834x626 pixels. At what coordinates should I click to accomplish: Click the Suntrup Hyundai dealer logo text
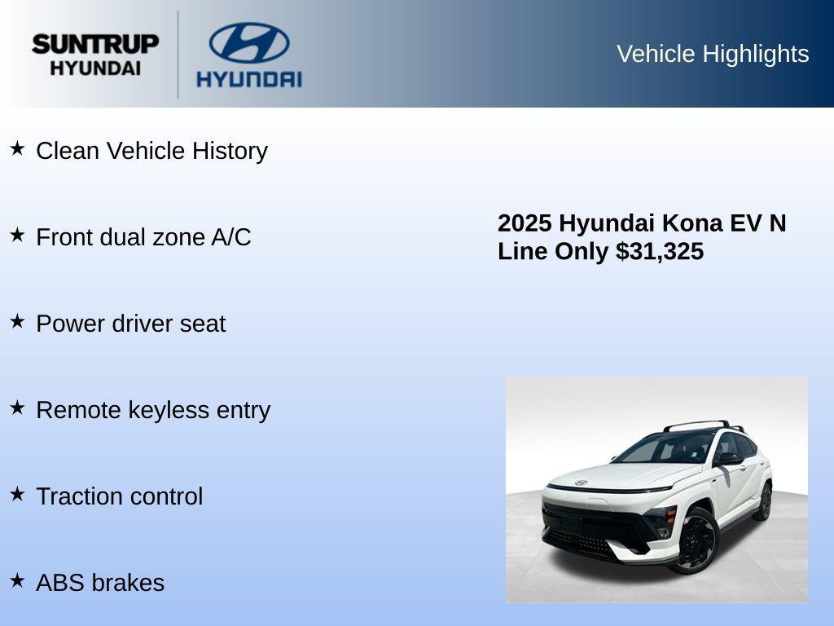pos(95,55)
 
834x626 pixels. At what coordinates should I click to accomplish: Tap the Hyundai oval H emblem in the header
pos(248,42)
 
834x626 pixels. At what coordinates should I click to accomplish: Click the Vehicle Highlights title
pos(713,54)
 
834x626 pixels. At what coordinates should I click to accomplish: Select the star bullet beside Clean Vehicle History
pos(17,148)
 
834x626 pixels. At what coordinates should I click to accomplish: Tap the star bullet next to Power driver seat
pos(17,321)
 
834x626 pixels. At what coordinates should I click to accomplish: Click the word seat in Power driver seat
pos(204,324)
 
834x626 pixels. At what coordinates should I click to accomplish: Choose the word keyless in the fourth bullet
pos(169,410)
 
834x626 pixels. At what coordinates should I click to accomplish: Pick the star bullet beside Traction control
pos(17,494)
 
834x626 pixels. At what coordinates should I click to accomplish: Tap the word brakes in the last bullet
pos(128,583)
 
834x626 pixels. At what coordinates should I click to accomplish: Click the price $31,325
pos(660,251)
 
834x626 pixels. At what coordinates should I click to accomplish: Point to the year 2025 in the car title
pos(525,223)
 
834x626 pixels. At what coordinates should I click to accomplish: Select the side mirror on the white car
pos(730,459)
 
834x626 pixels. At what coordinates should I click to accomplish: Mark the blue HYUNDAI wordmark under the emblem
pos(248,79)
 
